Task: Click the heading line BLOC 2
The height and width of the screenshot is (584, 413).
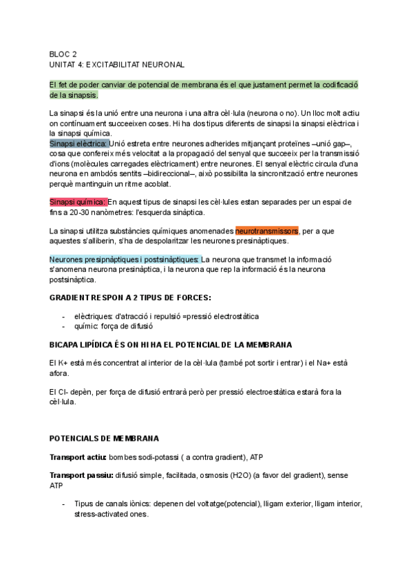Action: pos(63,54)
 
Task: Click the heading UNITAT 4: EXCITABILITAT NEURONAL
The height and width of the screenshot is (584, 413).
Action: pos(117,64)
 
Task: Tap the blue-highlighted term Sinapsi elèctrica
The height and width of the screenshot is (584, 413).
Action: pos(78,143)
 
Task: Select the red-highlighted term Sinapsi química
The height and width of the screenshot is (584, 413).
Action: pos(78,202)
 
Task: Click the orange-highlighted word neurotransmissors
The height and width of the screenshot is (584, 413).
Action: pos(266,231)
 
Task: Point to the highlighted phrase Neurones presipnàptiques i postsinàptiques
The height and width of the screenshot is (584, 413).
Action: pos(125,260)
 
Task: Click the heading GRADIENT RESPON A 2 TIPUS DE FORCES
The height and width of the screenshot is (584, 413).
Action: pos(130,298)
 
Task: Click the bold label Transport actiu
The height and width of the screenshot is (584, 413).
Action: pos(77,457)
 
